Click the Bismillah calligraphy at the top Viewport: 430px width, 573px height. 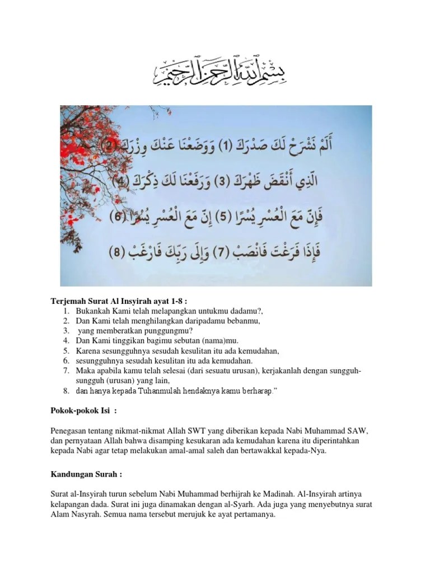[214, 73]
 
